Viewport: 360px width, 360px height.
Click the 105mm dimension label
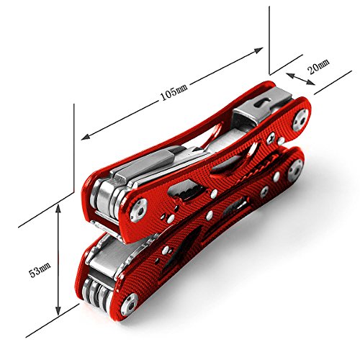click(x=174, y=92)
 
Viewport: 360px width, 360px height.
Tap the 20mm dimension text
click(x=318, y=66)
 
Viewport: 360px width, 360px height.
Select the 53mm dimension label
click(x=40, y=270)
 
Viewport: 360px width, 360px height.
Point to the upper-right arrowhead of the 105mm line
click(x=258, y=50)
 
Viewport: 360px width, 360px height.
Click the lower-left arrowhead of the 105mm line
click(x=86, y=137)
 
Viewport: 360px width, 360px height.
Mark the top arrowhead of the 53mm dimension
click(x=58, y=209)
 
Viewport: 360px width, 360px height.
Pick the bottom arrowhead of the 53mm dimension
click(x=58, y=310)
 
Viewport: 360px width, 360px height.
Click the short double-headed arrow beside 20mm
click(x=300, y=79)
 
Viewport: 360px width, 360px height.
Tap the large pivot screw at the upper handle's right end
click(x=300, y=120)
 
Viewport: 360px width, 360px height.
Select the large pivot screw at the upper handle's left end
click(x=138, y=210)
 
